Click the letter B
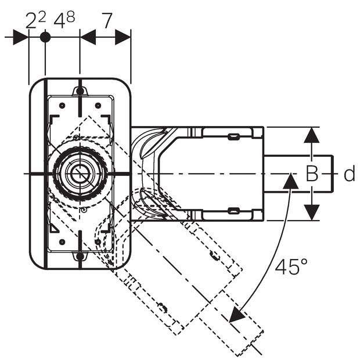coord(312,174)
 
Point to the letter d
coord(349,174)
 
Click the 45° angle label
coord(291,267)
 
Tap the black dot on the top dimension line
coord(45,37)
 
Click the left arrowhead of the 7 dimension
coord(88,37)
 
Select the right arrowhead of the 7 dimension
coord(123,37)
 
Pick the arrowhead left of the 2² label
coord(21,37)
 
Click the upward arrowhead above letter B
coord(312,135)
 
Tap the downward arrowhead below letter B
coord(312,212)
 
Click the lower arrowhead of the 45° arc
coord(236,315)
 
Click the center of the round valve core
coord(79,173)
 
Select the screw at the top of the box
coord(80,91)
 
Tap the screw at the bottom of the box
coord(80,256)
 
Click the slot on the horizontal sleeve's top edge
coord(233,137)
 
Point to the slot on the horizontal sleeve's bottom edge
coord(233,210)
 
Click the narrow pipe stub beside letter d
coord(299,173)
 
